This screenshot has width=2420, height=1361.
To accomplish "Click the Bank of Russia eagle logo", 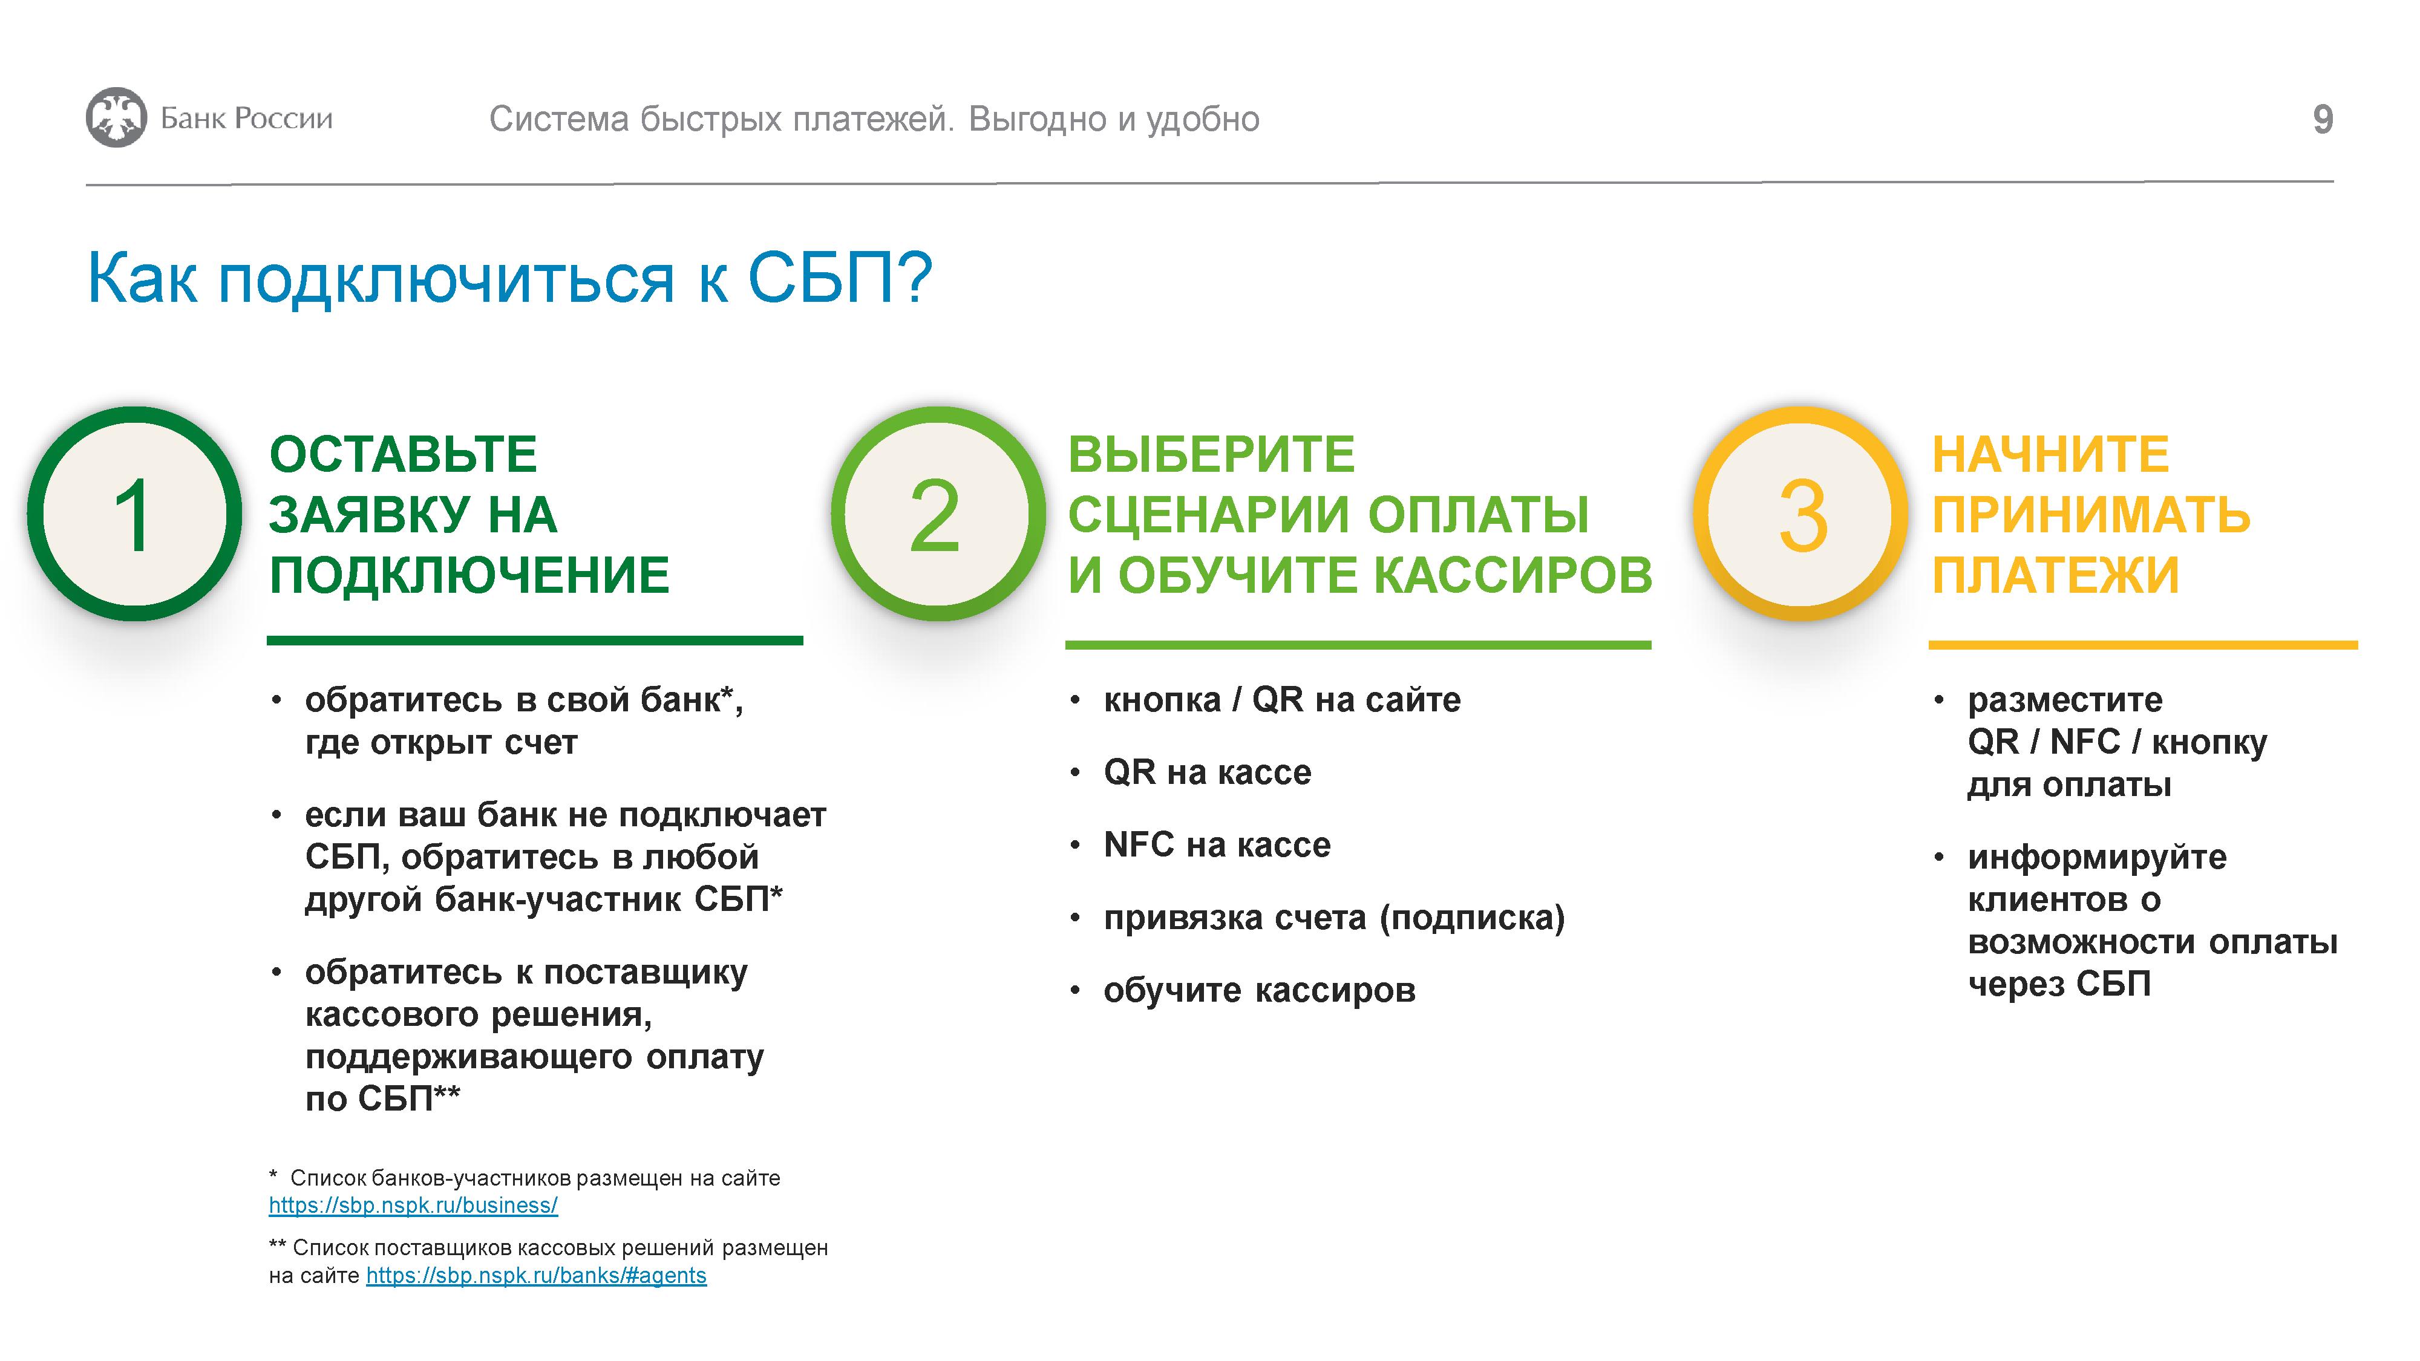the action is [117, 117].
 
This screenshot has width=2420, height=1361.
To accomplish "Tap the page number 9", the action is [2323, 119].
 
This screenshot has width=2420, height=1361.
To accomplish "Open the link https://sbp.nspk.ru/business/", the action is [413, 1205].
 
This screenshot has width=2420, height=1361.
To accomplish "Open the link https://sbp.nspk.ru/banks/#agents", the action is [537, 1276].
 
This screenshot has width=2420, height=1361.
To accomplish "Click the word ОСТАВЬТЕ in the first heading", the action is [403, 455].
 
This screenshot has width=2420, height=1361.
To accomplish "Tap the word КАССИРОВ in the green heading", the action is [1514, 575].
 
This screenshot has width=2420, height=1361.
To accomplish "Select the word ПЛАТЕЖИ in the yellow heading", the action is [2056, 575].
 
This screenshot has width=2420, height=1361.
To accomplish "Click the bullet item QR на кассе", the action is [1207, 772].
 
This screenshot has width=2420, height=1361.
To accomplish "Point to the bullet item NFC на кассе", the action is [1217, 844].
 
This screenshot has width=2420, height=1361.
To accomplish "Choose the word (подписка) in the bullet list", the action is [1472, 918].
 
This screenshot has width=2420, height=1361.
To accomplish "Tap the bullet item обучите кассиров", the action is [1260, 990].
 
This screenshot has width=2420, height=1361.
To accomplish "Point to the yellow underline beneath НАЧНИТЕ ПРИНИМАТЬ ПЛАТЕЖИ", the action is [2143, 645].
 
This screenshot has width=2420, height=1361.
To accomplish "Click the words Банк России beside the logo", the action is [246, 119].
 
